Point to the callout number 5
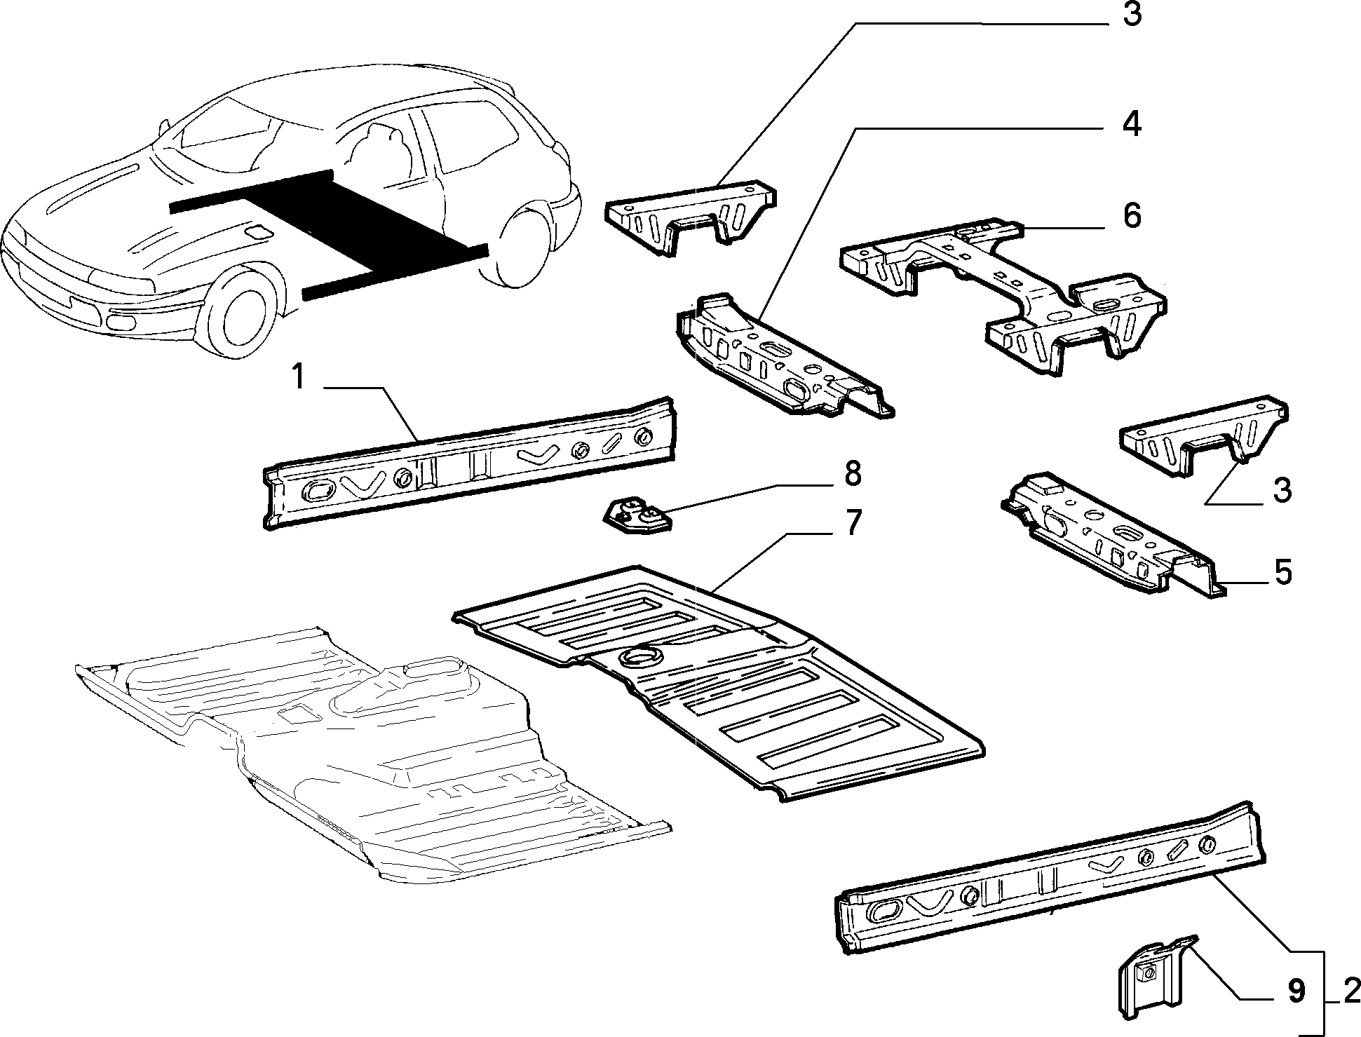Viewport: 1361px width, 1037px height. click(1282, 571)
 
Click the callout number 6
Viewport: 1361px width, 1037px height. click(1131, 215)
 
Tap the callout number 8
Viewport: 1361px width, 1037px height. click(851, 474)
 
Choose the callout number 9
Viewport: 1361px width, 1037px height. click(1295, 991)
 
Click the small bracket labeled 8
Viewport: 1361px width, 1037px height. click(636, 516)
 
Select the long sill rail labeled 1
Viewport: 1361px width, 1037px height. click(470, 463)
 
